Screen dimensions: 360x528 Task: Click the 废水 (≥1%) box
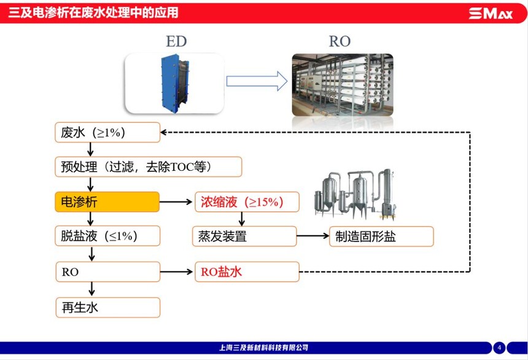coord(107,132)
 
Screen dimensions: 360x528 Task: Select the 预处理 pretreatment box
coord(148,166)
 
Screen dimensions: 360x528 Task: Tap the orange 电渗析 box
coord(107,202)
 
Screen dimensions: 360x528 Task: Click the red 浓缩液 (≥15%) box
coord(247,202)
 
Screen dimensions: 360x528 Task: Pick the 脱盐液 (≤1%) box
coord(107,236)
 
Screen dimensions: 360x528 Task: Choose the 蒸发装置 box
coord(244,236)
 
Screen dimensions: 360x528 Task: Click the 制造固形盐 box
coord(381,237)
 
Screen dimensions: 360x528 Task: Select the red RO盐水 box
coord(247,272)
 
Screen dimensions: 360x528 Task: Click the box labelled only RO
coord(107,272)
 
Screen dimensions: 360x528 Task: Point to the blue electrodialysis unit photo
coord(174,83)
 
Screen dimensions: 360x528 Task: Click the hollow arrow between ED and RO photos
coord(257,81)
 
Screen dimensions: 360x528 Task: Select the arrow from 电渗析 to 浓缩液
coord(177,202)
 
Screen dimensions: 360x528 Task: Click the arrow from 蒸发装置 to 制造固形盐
coord(313,236)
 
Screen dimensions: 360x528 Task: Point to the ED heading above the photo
coord(176,42)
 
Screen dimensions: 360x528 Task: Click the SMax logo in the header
coord(491,13)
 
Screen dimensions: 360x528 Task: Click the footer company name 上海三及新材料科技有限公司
coord(263,348)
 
